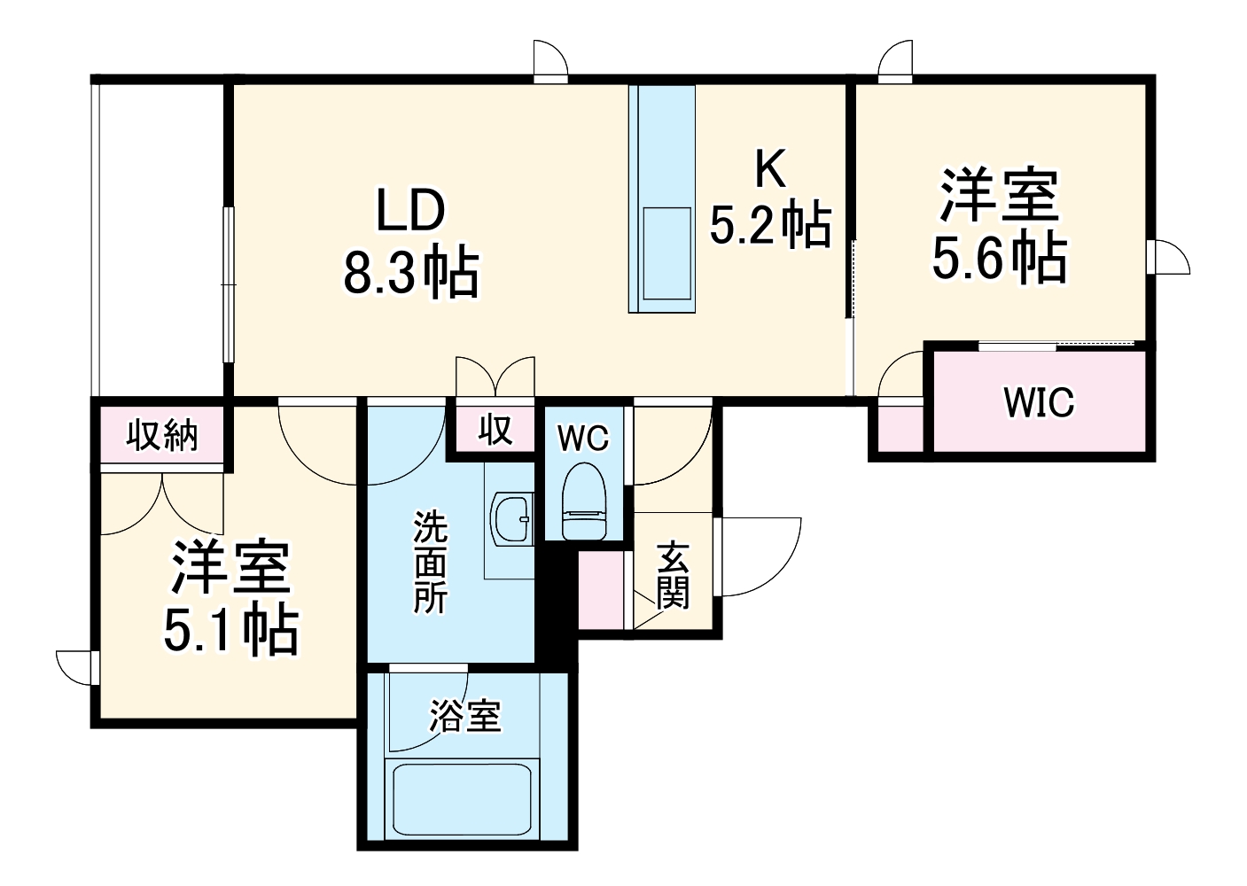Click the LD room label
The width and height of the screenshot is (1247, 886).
tap(410, 211)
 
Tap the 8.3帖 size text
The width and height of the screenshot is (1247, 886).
tap(410, 273)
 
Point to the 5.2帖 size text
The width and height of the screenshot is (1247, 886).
tap(770, 225)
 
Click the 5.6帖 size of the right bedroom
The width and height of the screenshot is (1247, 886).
tap(999, 258)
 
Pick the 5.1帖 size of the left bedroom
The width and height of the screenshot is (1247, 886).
tap(230, 630)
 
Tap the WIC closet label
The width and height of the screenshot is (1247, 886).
tap(1039, 403)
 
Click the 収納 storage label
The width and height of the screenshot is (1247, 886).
tap(161, 435)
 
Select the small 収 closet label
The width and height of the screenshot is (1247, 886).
tap(495, 430)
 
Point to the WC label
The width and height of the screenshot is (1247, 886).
tap(583, 438)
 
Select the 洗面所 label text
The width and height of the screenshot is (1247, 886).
tap(431, 563)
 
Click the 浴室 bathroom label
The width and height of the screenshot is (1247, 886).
tap(464, 715)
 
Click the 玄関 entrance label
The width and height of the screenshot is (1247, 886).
tap(673, 575)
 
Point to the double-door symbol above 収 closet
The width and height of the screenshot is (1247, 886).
tap(495, 376)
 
